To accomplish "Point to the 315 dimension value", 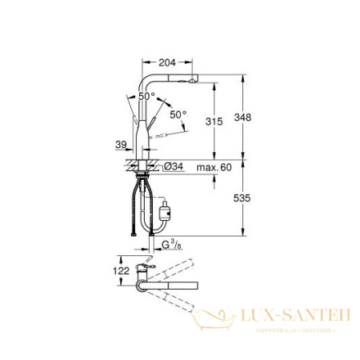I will point(212,121).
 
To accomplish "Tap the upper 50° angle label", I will point(146,96).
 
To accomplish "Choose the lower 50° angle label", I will point(177,114).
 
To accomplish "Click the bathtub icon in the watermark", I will point(215,321).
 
